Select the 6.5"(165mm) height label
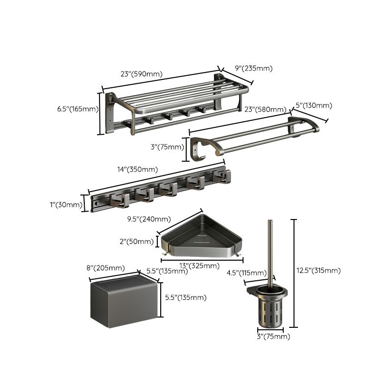tap(78, 109)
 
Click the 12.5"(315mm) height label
tap(319, 270)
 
